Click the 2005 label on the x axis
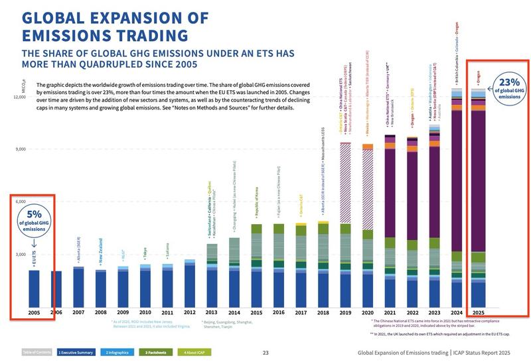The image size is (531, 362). (34, 311)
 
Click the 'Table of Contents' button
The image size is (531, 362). (37, 352)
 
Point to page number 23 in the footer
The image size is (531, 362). (265, 353)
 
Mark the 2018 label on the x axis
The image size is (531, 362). (323, 311)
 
